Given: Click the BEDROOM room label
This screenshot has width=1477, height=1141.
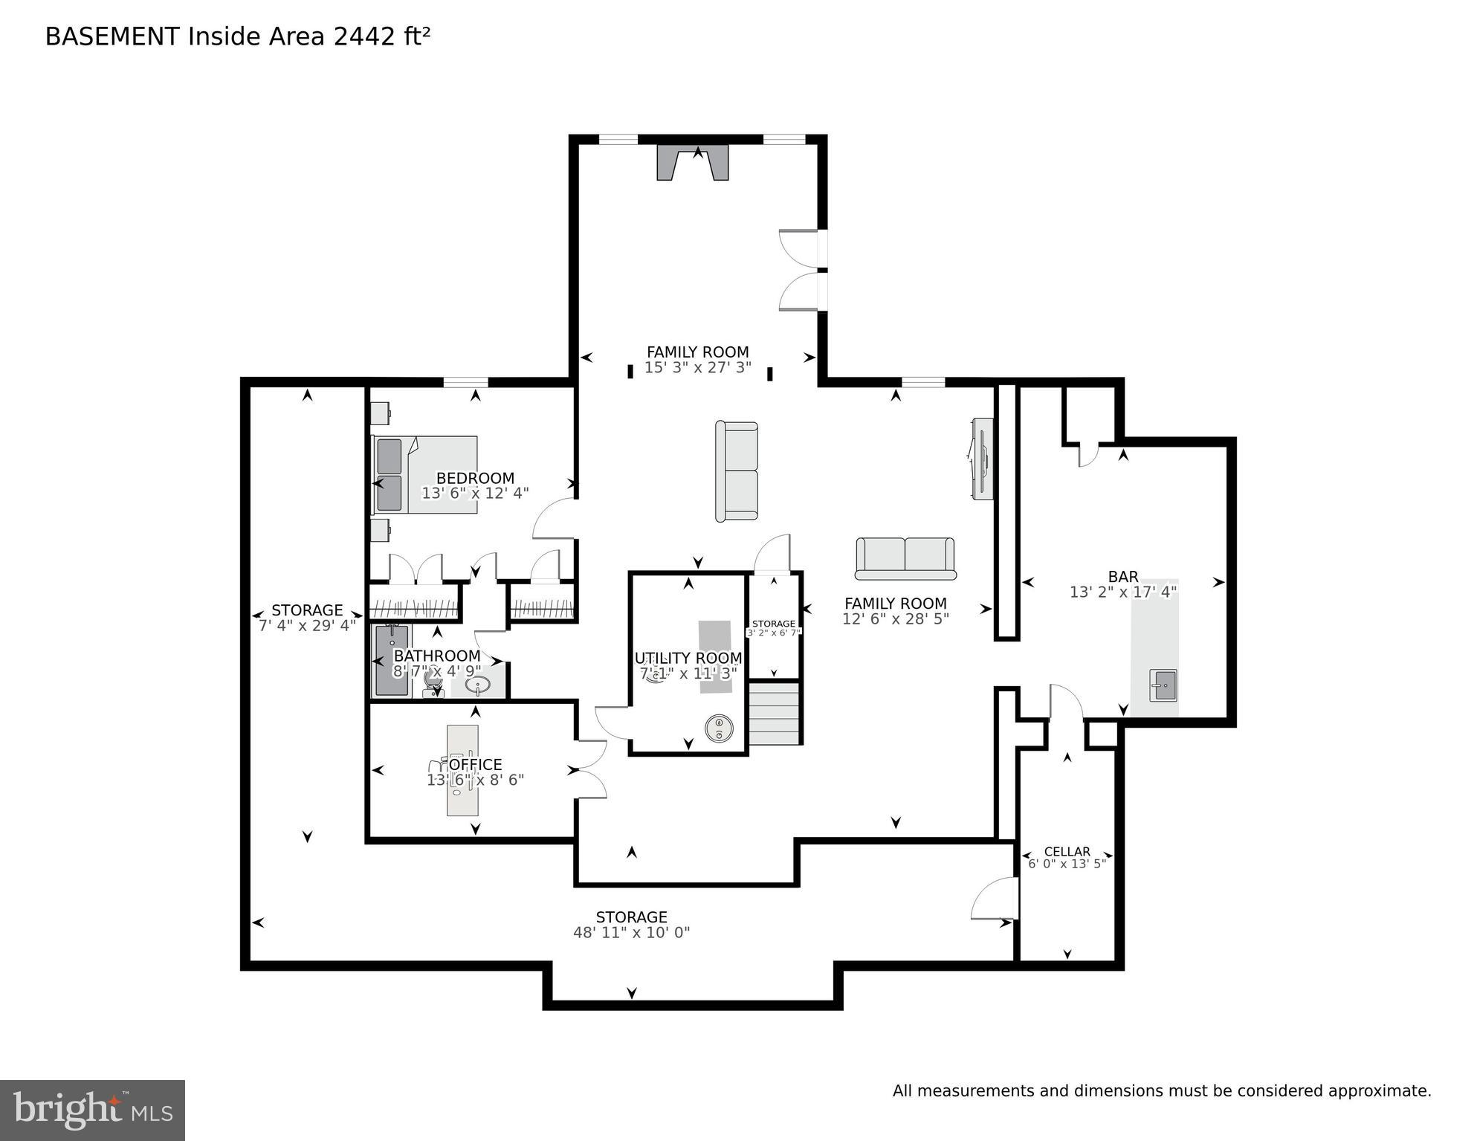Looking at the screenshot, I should (474, 478).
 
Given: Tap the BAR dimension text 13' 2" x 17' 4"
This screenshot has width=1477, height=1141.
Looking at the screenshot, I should (1122, 592).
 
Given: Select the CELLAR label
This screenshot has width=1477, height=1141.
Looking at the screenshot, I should (1067, 852).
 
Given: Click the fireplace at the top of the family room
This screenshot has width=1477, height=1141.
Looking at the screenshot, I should (692, 163).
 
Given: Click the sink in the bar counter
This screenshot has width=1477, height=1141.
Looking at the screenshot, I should (1163, 685).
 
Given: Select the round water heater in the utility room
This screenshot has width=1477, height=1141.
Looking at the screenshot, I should (719, 728).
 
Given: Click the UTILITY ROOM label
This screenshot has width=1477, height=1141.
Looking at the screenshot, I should (688, 658).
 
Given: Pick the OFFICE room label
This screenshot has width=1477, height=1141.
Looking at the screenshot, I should (475, 764).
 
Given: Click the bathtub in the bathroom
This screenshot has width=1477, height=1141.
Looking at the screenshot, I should (391, 660).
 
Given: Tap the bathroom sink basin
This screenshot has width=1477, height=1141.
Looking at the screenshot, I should (477, 685).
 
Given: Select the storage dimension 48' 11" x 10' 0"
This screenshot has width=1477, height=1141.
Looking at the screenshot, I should (631, 933).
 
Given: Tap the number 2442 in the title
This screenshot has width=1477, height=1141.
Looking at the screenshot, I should (364, 36).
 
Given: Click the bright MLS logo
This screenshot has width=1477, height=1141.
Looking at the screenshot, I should (92, 1111).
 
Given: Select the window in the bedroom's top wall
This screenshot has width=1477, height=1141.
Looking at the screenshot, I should (465, 382).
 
